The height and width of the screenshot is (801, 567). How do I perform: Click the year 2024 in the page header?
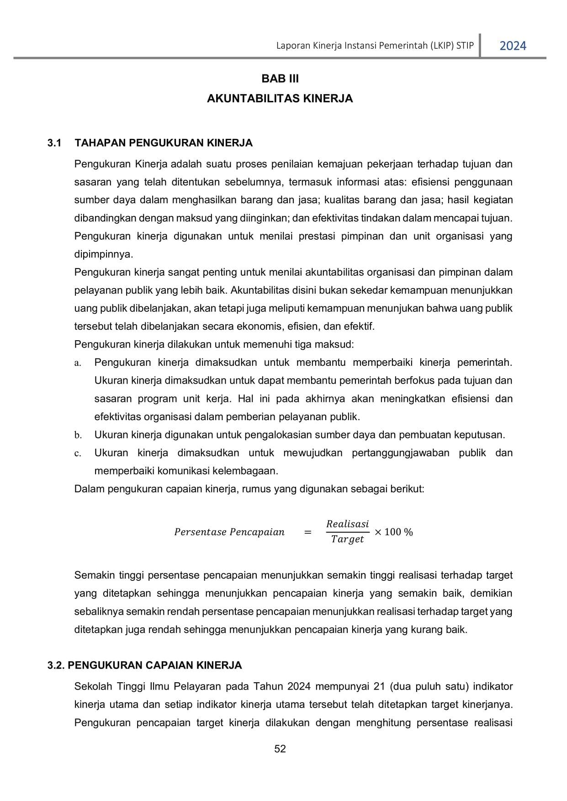click(513, 46)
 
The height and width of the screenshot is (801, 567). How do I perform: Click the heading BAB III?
click(280, 79)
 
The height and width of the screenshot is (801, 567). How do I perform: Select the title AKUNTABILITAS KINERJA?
click(280, 99)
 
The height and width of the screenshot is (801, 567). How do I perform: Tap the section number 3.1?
click(54, 143)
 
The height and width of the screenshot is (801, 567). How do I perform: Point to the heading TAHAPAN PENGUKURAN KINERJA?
click(163, 143)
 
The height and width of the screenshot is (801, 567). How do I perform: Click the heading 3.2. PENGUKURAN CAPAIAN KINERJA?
click(144, 665)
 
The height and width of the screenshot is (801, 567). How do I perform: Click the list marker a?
click(78, 363)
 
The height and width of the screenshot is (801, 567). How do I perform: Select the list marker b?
click(78, 435)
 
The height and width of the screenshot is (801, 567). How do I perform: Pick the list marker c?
click(78, 453)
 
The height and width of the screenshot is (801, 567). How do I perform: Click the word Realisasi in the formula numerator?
click(347, 524)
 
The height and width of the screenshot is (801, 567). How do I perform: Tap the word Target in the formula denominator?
click(347, 539)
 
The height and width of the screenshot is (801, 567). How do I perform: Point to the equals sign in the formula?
click(308, 532)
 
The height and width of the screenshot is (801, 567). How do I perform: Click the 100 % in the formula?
click(398, 532)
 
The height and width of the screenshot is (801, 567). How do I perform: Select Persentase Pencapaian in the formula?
click(229, 532)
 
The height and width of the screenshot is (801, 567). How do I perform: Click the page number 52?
click(280, 748)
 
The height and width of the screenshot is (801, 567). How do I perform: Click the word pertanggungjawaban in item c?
click(400, 453)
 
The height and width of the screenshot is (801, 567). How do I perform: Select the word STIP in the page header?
click(465, 46)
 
